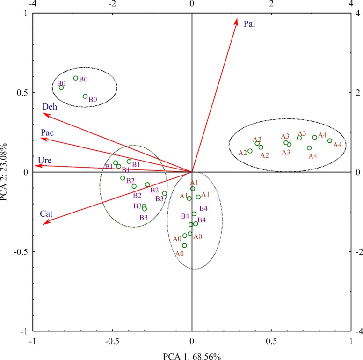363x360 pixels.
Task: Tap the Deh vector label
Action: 50,107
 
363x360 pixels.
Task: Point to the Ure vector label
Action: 45,161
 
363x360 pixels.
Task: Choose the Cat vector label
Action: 46,214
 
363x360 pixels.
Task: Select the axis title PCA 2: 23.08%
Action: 6,172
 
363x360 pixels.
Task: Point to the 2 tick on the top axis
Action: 271,4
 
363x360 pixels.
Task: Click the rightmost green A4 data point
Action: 330,140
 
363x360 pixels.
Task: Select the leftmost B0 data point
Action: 61,88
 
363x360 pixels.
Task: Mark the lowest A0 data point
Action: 184,245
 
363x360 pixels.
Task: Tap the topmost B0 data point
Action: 76,78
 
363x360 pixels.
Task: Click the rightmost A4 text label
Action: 337,145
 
